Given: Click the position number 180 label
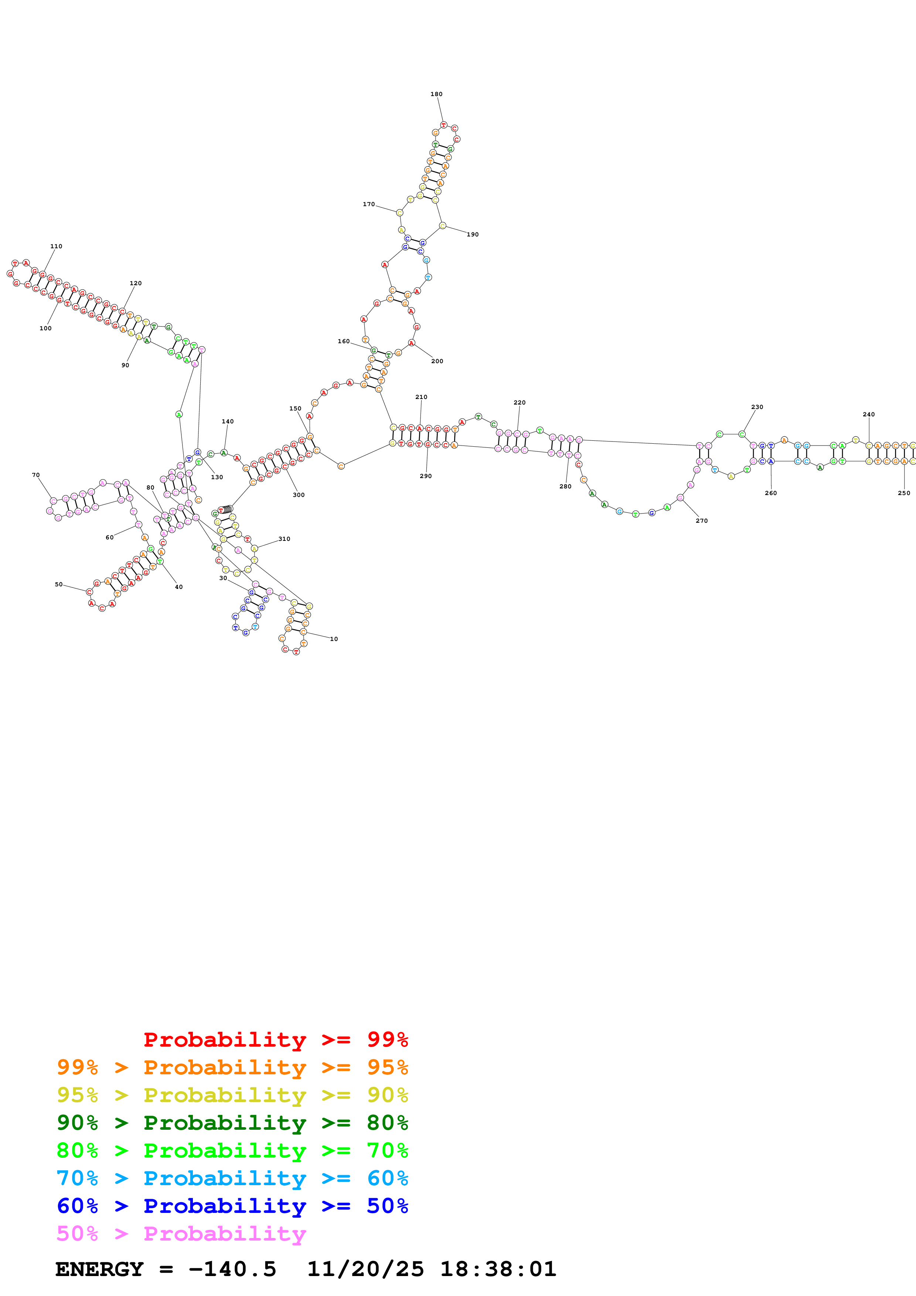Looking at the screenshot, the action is (436, 94).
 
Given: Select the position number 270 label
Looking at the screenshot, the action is (702, 521).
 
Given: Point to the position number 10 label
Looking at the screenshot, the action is (334, 639).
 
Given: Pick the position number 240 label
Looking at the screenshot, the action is (869, 414).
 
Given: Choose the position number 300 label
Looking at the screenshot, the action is (299, 495).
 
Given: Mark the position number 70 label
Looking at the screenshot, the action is (35, 475).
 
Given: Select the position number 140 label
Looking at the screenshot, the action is (228, 422).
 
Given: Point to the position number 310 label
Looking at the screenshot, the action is (285, 539).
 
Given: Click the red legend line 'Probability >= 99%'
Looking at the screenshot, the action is (275, 1040).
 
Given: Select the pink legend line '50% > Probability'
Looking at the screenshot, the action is (181, 1234).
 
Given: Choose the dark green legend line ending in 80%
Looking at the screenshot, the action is (232, 1123).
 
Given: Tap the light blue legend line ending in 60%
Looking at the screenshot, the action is (232, 1178).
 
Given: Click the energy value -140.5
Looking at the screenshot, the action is (232, 1269).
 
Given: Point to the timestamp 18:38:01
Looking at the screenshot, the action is (498, 1269).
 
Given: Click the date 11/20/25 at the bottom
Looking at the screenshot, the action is (365, 1269).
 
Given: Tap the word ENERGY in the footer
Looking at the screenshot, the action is (99, 1269).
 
